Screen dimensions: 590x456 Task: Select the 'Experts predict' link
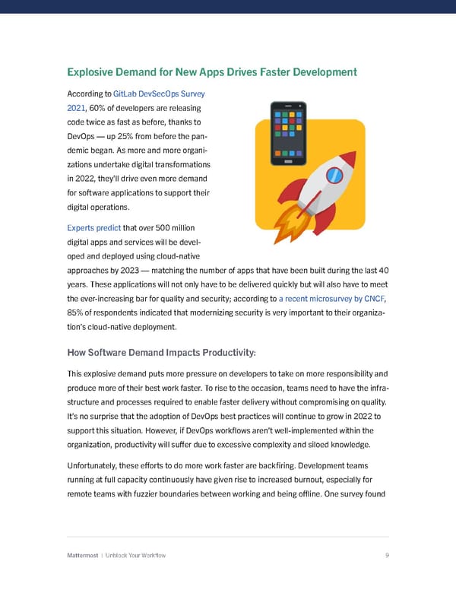[94, 227]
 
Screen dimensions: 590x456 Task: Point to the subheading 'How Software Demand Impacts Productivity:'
[162, 352]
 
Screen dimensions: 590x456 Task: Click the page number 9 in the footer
[387, 555]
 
